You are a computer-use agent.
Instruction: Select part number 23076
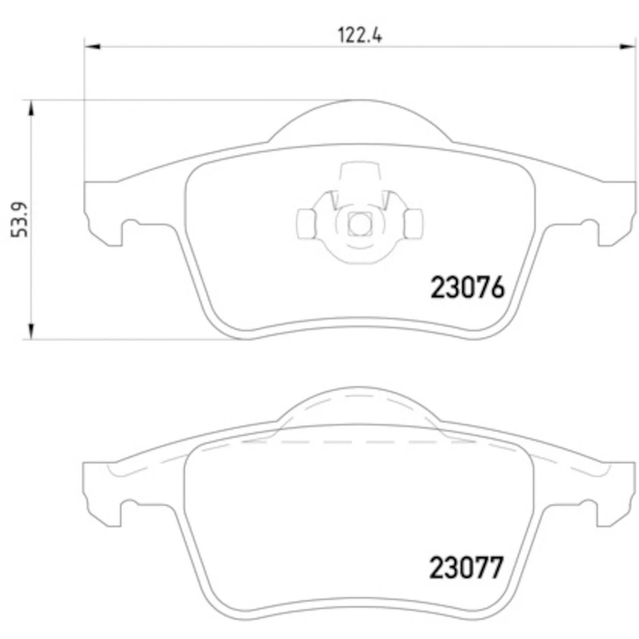point(469,288)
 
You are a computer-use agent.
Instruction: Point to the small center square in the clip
point(360,224)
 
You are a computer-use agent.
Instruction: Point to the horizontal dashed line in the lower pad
point(360,442)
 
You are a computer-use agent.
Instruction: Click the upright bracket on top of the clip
point(360,174)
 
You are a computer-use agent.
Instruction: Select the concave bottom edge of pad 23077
point(360,603)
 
